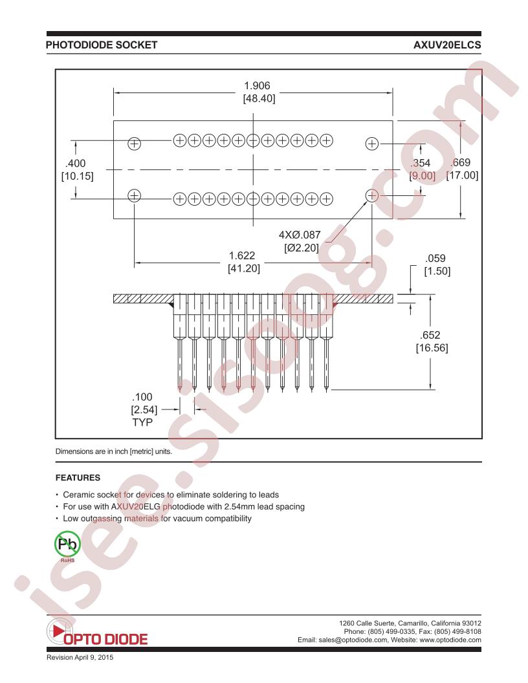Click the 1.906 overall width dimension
click(x=257, y=86)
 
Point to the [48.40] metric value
click(x=259, y=98)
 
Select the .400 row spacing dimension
click(x=75, y=164)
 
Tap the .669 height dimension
click(x=461, y=162)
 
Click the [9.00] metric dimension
click(x=422, y=175)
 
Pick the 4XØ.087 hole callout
click(x=300, y=235)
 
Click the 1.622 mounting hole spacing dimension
click(x=242, y=255)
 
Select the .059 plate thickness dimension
click(x=435, y=258)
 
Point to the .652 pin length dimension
click(x=430, y=335)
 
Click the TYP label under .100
click(x=142, y=422)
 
